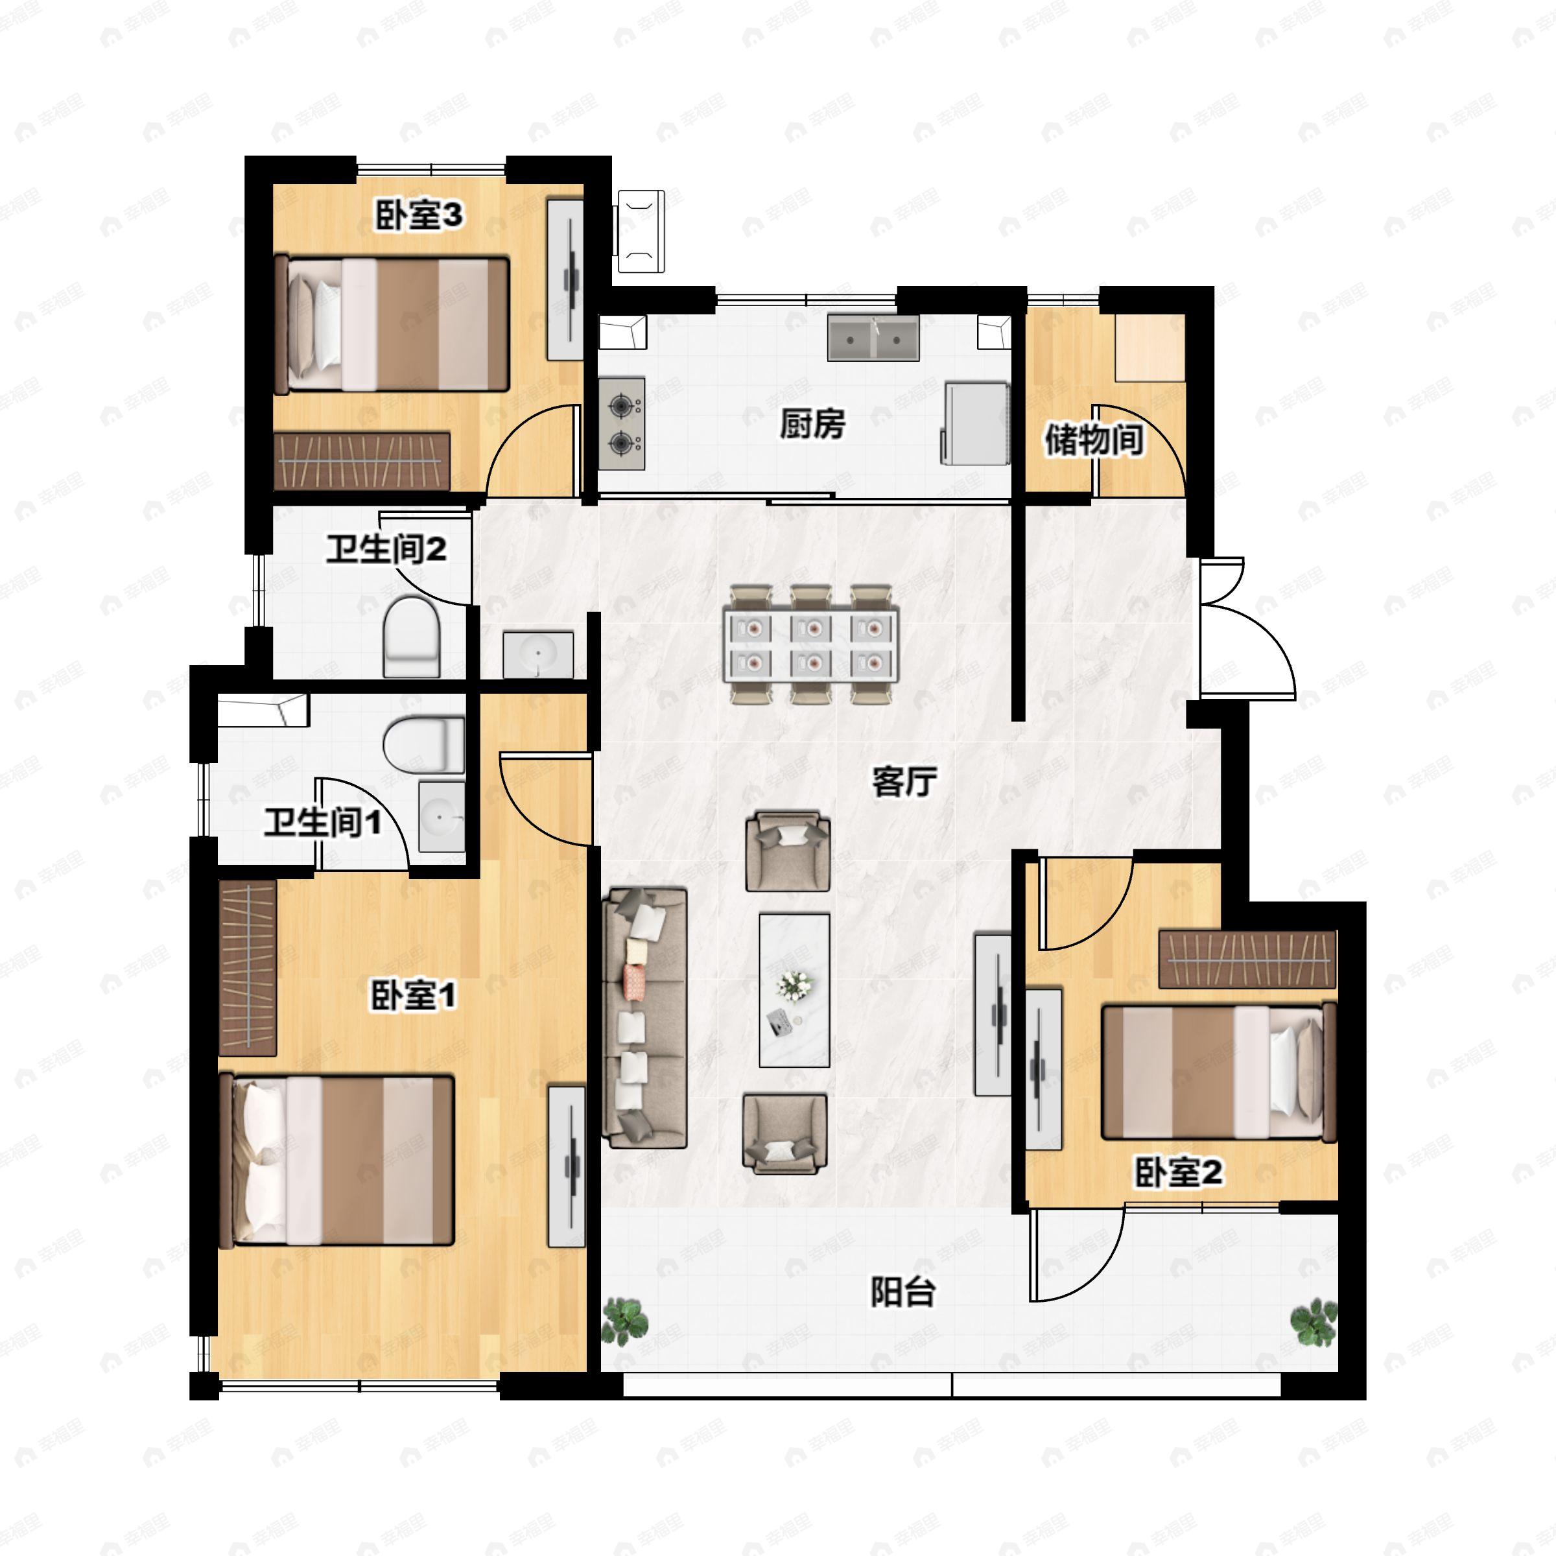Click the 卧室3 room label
(419, 216)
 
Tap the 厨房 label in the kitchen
(812, 423)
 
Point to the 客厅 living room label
(904, 781)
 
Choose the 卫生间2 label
(386, 550)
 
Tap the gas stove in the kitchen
(622, 423)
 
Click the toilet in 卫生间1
(423, 744)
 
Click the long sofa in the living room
(645, 1017)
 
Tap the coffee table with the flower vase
(794, 990)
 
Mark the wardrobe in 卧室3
(362, 461)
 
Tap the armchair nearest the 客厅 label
(788, 851)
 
